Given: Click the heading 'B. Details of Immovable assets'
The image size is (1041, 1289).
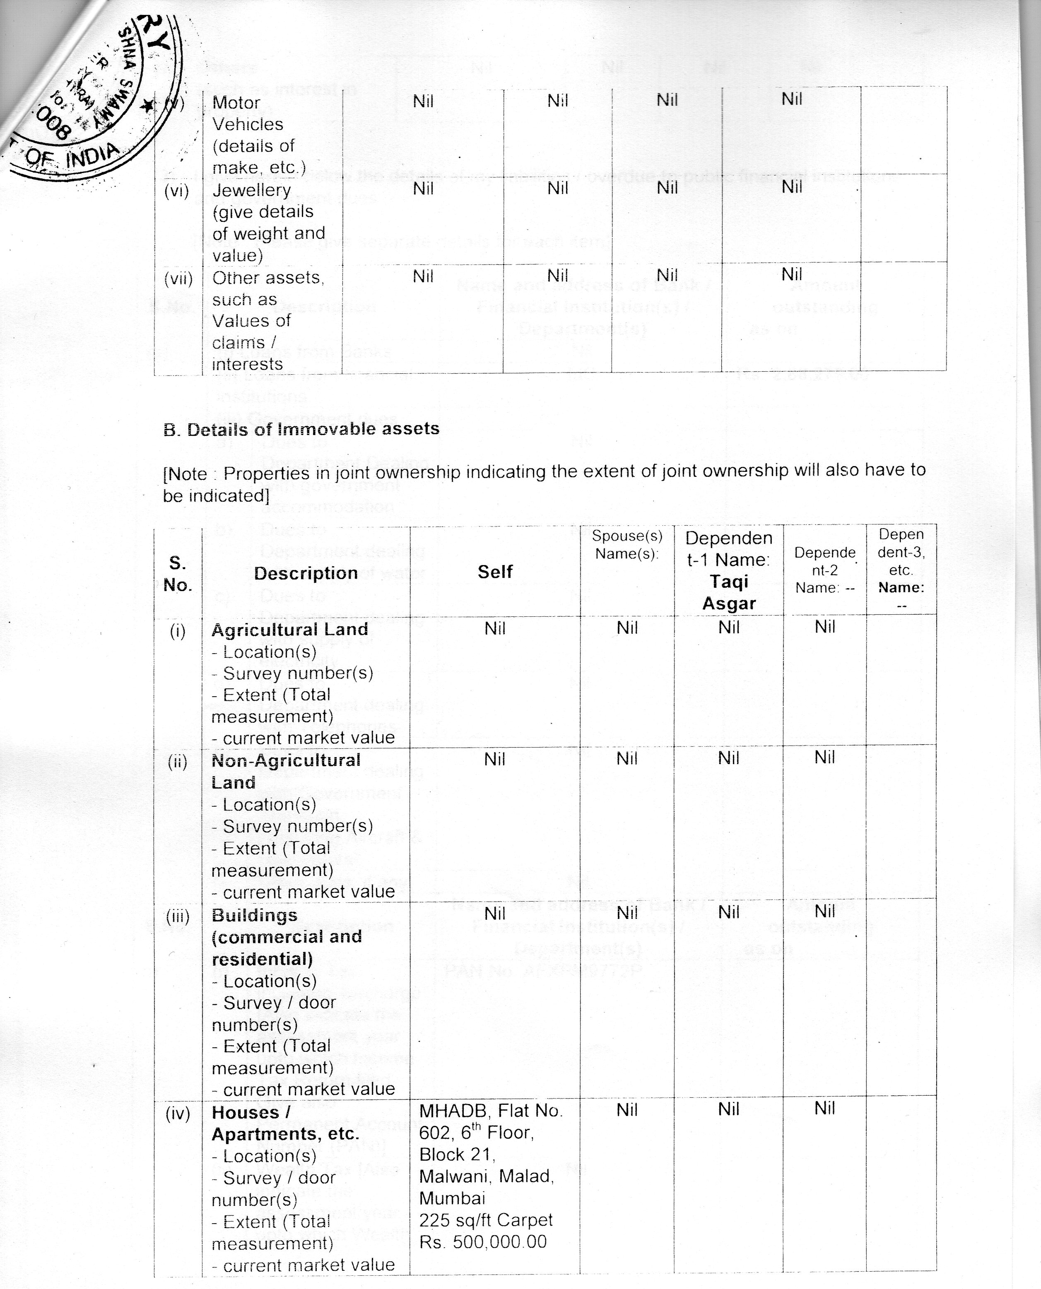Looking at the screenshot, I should coord(301,429).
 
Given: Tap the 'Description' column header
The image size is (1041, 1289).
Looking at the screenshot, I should coord(306,573).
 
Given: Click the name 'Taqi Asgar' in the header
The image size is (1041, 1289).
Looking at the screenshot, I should coord(729,592).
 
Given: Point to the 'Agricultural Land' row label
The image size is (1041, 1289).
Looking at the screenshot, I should coord(289,630).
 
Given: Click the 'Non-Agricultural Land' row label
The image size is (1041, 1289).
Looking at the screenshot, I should coord(286,771).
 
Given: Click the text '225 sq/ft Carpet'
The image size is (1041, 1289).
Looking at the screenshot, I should coord(486,1220).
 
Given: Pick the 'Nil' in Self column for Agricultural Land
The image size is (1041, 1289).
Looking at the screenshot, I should coord(495,628).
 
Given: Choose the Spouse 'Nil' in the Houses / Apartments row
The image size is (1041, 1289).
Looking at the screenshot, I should coord(627,1110).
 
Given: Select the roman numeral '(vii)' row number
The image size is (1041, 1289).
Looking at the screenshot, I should coord(178,279).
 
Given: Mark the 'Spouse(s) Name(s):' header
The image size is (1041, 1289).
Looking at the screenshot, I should coord(627,544).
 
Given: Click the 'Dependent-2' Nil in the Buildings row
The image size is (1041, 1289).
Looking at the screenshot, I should coord(824,911).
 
